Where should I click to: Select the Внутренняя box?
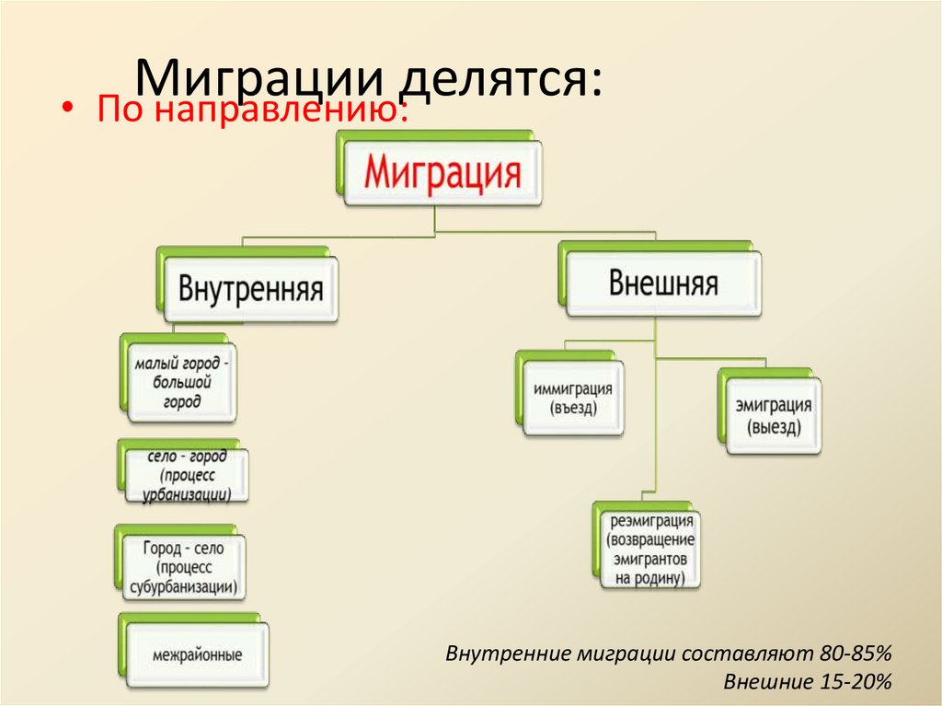click(250, 290)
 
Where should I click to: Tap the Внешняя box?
click(662, 283)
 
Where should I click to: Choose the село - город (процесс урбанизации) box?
click(186, 475)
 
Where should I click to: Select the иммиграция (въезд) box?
click(572, 399)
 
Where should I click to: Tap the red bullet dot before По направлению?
click(67, 109)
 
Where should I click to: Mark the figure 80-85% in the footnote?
click(853, 654)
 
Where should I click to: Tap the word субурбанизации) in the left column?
click(182, 585)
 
